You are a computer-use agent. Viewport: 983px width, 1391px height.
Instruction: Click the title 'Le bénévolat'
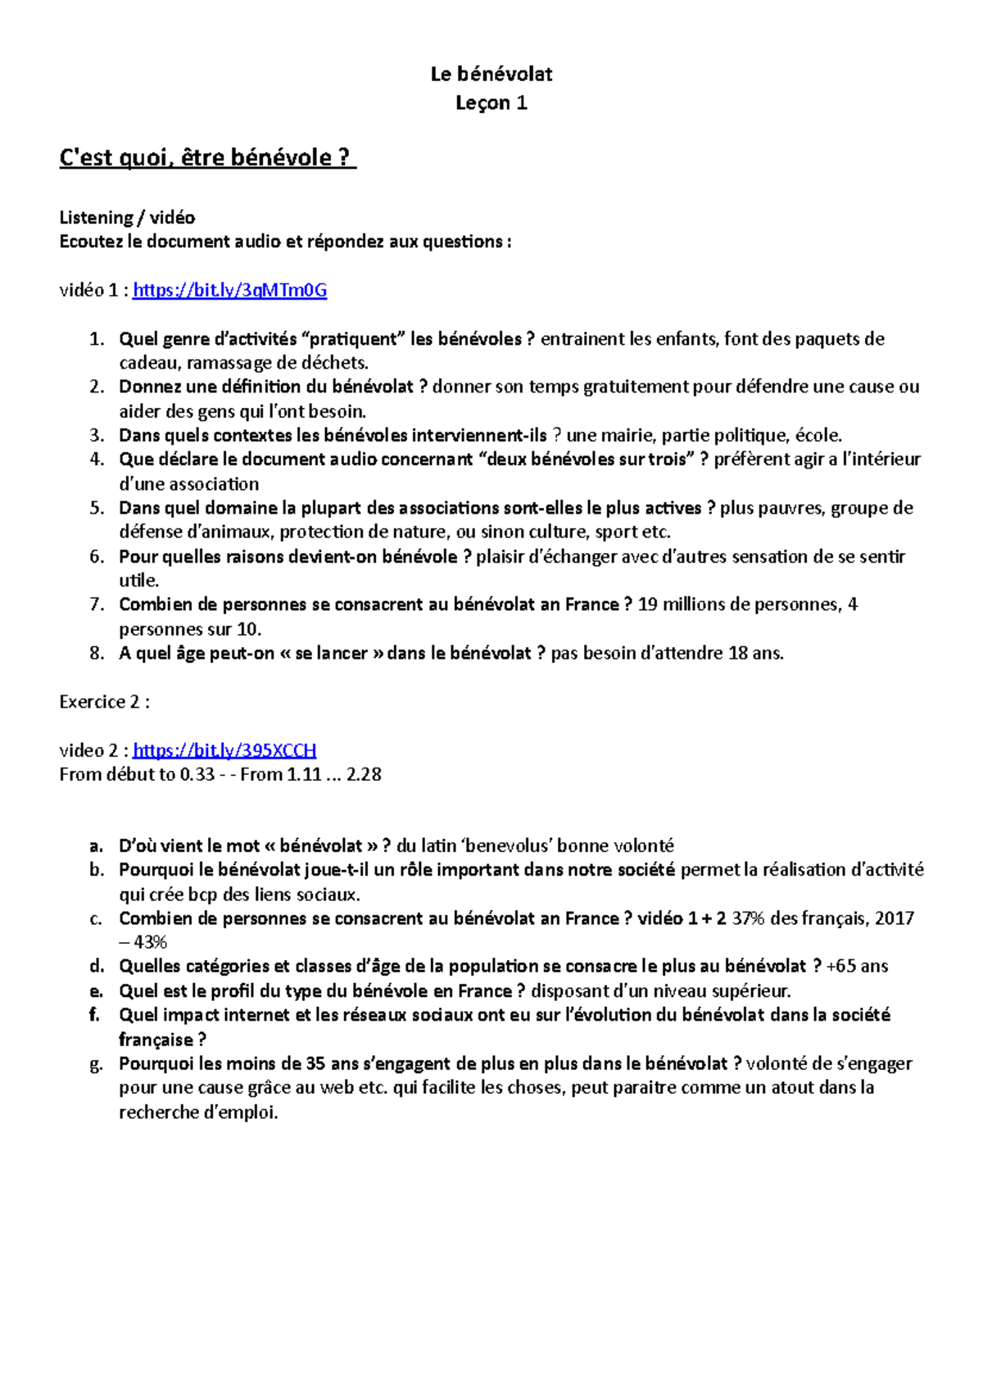click(491, 75)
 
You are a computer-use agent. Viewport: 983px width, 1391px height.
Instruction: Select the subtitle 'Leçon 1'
click(491, 103)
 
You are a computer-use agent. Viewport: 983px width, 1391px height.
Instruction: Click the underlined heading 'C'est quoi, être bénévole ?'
click(207, 157)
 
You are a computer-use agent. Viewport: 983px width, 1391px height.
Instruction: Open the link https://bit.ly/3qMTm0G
click(229, 290)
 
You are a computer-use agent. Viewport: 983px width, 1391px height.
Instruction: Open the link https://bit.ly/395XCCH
click(224, 750)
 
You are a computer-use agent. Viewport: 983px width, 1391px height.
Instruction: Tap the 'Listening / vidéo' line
click(127, 218)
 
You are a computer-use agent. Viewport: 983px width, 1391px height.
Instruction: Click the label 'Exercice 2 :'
click(104, 702)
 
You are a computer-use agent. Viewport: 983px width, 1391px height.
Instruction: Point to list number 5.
click(97, 508)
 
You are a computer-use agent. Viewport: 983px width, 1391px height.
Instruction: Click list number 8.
click(97, 654)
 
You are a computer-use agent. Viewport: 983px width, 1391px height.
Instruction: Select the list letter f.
click(95, 1015)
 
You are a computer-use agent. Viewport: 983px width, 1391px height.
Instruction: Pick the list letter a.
click(96, 845)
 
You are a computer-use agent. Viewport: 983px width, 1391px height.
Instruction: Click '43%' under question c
click(150, 943)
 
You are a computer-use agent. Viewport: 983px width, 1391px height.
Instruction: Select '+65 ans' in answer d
click(858, 967)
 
